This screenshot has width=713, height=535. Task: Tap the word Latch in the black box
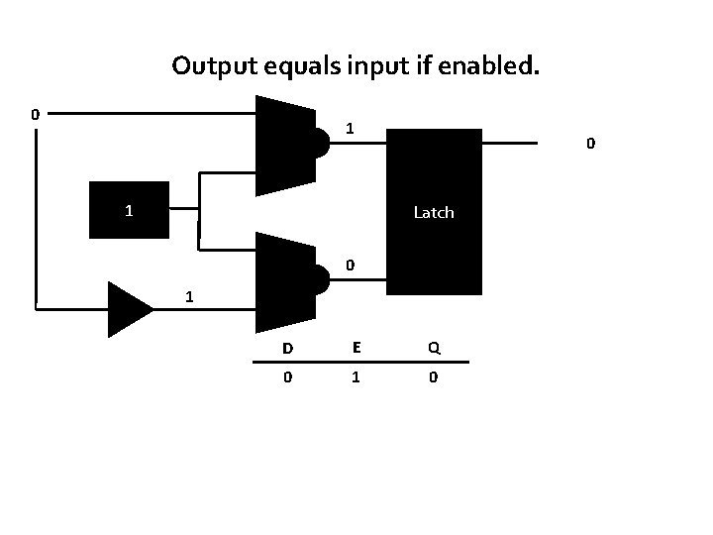[x=433, y=212]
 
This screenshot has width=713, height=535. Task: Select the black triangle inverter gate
[x=129, y=308]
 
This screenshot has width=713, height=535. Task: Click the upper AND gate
[x=289, y=146]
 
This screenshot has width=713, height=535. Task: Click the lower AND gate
[x=289, y=282]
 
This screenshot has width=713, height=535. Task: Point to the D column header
[x=287, y=348]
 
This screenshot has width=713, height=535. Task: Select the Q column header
[x=434, y=348]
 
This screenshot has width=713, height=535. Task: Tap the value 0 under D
[x=287, y=377]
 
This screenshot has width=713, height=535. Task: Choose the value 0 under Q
[x=434, y=377]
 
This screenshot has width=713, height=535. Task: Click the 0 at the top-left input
[x=35, y=114]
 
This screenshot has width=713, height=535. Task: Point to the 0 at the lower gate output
[x=350, y=266]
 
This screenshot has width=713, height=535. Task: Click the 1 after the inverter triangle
[x=189, y=297]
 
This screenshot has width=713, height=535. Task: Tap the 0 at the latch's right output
[x=590, y=145]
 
